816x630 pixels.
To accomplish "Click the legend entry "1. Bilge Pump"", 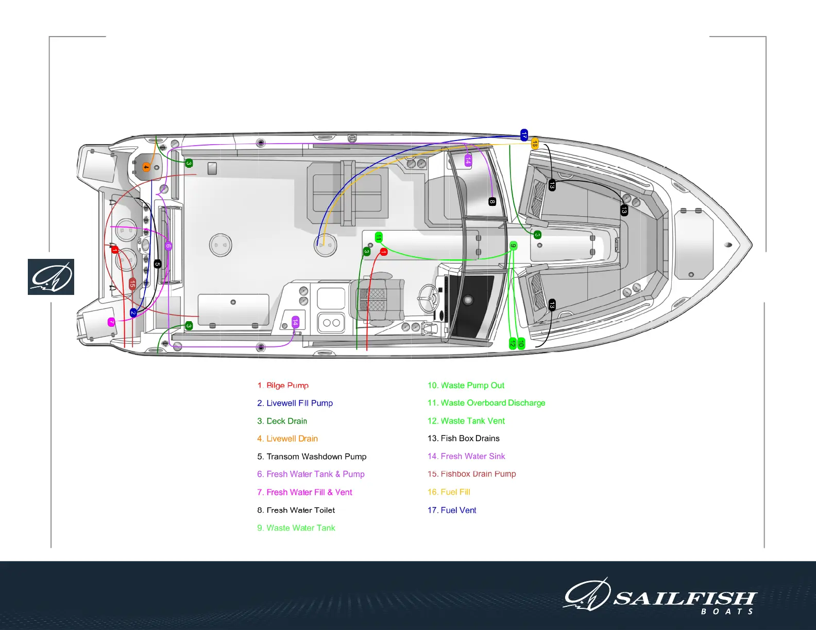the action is coord(283,386).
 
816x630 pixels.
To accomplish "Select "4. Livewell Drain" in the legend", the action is coord(287,439).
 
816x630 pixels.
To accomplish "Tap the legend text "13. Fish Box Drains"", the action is coord(463,439).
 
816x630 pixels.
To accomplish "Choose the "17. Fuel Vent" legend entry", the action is coord(452,510).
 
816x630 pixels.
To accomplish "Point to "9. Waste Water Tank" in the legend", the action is coord(296,528).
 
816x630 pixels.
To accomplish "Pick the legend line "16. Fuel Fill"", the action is coord(449,492).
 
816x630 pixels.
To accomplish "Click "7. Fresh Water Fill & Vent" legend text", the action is coord(304,493).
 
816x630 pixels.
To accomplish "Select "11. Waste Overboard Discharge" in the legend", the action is coord(486,403).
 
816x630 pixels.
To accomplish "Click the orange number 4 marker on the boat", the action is coord(146,167).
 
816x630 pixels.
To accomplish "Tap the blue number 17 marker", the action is coord(524,135).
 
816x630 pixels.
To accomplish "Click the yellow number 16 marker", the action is coord(535,144).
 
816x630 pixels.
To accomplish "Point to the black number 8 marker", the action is coord(492,202).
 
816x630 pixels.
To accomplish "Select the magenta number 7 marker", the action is coord(111,322).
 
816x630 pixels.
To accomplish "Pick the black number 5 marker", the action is coord(157,264).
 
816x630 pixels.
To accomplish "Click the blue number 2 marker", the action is coord(133,312).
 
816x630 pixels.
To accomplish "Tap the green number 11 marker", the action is coord(379,237).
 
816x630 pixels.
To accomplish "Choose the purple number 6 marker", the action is coord(168,246).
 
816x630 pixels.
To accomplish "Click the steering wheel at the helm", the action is coord(428,295).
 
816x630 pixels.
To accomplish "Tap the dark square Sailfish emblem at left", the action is coord(51,277).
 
